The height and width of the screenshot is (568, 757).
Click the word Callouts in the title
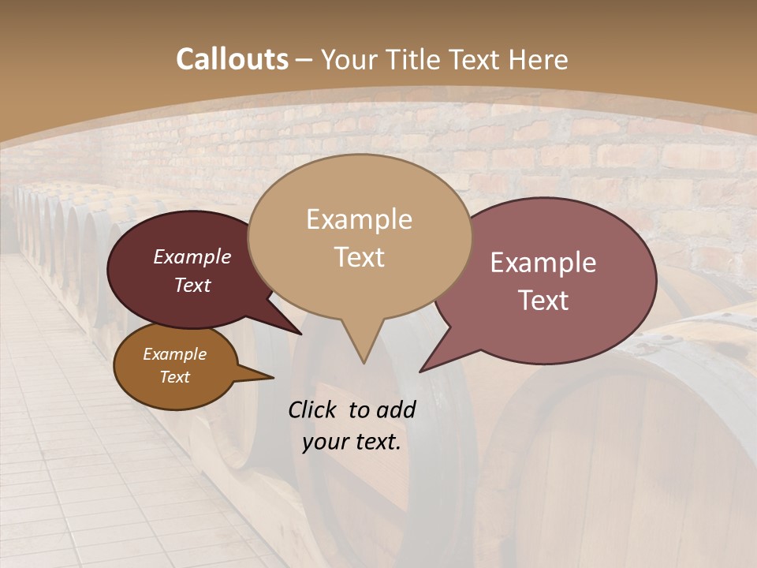232,59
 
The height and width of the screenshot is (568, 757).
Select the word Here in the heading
539,59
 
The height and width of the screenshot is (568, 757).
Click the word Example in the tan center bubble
359,219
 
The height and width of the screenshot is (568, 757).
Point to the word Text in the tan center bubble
359,257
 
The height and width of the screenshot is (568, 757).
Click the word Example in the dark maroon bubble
192,256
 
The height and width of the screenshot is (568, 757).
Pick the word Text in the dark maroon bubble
192,285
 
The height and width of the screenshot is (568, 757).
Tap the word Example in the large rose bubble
543,263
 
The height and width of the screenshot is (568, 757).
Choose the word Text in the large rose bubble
543,301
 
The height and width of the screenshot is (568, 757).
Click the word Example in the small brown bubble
174,354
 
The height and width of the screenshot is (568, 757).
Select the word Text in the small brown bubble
174,377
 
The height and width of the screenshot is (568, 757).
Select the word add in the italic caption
397,409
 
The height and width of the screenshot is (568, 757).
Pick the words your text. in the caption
352,442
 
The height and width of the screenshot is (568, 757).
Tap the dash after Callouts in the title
304,60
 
